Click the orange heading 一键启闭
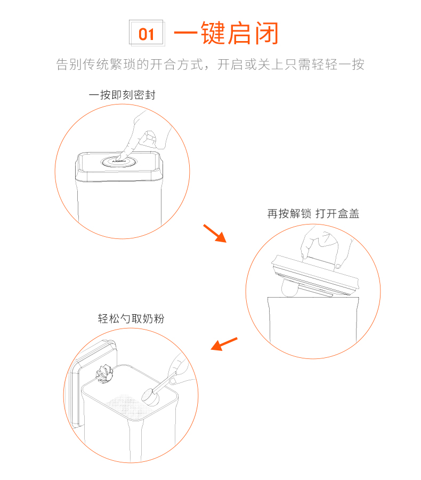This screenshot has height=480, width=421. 226,34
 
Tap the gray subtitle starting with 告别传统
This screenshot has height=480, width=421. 210,65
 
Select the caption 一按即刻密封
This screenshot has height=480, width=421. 122,95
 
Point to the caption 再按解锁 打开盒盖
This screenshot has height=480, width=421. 313,214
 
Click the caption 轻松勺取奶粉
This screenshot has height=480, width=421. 131,319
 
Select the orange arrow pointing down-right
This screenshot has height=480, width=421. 215,233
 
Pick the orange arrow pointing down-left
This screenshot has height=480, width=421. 224,343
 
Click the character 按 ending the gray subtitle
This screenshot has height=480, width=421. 358,65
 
